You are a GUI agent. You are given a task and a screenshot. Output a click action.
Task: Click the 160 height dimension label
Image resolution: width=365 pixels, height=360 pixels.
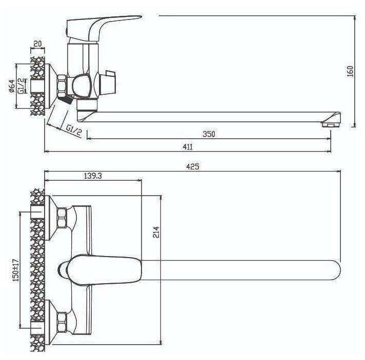(350, 72)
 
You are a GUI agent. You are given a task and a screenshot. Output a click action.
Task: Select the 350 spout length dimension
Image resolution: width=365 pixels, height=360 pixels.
(208, 134)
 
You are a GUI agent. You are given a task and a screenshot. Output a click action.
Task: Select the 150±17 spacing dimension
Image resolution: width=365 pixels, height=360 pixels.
(16, 269)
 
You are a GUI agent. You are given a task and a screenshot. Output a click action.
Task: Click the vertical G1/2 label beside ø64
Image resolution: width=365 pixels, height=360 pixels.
(21, 85)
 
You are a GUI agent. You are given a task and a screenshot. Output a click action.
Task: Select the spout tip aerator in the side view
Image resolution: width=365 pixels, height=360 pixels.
(330, 123)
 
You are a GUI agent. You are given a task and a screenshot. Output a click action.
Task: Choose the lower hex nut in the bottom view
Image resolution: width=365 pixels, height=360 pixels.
(62, 321)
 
